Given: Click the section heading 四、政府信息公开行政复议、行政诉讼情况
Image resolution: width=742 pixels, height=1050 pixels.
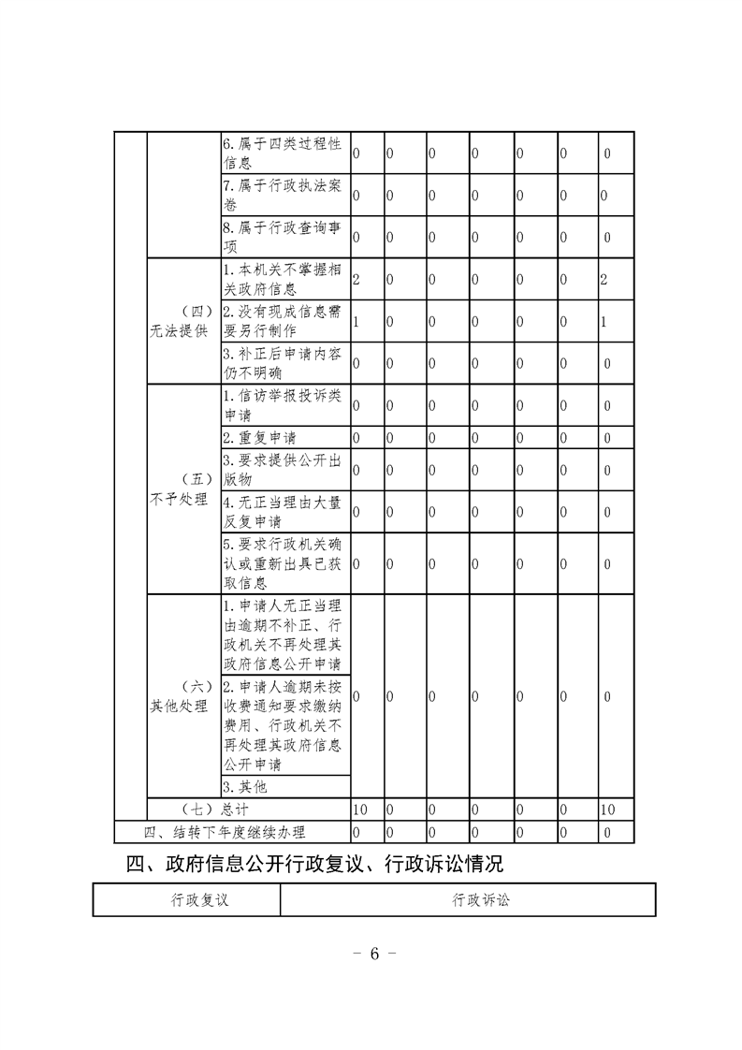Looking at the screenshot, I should pos(314,862).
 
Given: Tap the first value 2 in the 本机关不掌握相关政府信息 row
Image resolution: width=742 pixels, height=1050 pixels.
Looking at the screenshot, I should pos(356,280).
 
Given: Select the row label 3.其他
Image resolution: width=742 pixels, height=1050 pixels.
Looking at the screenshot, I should pos(245,787).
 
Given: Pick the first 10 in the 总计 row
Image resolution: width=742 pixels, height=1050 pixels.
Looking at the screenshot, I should pos(360,809).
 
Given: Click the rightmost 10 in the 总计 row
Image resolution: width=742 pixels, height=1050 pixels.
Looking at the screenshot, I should pos(607,809).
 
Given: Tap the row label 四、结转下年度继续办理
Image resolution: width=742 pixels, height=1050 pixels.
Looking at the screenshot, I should pos(225,831).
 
